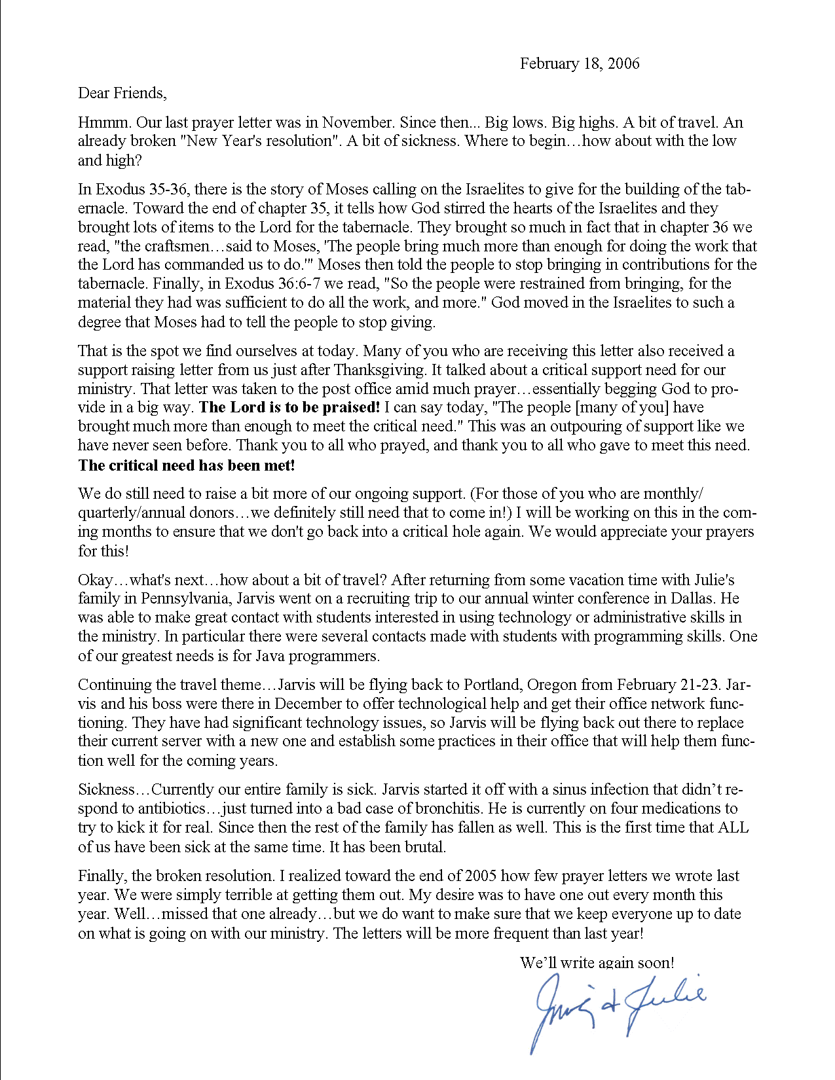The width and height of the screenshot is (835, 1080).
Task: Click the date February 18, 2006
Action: [580, 63]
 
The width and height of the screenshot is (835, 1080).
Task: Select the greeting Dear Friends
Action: [122, 93]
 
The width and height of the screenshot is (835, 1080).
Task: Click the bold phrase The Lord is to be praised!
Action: [289, 408]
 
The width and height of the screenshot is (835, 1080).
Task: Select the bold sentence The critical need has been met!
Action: [187, 465]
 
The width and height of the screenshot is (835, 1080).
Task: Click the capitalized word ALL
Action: [733, 827]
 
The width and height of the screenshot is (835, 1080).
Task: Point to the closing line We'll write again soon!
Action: [597, 963]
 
